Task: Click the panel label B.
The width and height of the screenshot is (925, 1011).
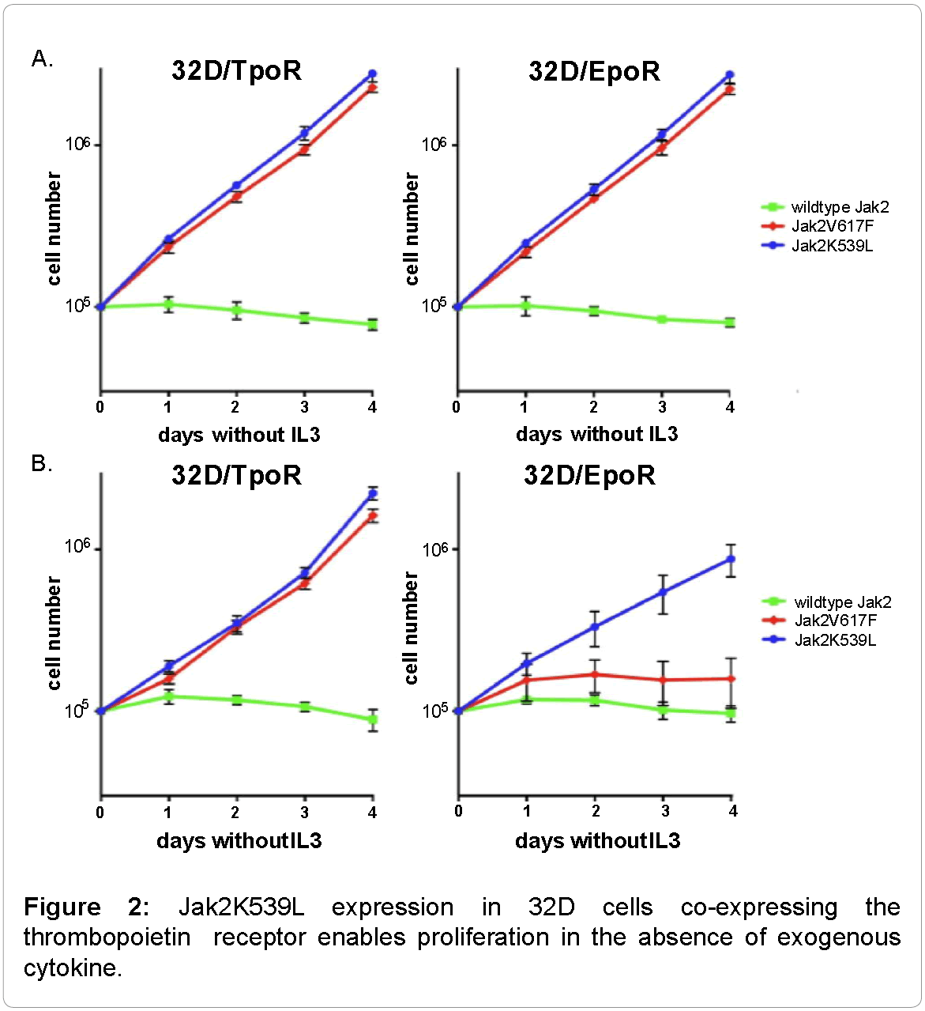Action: tap(42, 463)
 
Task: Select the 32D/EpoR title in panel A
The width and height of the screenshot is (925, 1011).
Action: tap(594, 72)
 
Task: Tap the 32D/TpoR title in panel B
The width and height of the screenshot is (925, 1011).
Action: tap(237, 475)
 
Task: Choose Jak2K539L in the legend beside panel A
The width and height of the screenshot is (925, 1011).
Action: tap(832, 246)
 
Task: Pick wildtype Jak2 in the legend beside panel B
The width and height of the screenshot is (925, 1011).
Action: tap(842, 602)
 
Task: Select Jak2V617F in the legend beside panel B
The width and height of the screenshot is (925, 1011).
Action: tap(836, 621)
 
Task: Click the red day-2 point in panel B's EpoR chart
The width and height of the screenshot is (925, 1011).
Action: tap(596, 674)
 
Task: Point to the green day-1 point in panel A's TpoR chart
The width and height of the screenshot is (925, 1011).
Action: tap(168, 304)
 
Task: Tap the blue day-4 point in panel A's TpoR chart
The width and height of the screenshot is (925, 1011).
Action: tap(372, 74)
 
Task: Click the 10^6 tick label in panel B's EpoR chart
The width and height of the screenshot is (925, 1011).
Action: tap(435, 549)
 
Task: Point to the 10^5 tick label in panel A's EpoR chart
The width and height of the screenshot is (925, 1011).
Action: tap(434, 305)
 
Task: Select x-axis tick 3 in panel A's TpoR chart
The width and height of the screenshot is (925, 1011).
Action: tap(305, 407)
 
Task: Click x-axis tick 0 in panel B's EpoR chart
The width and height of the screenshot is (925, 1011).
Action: tap(458, 811)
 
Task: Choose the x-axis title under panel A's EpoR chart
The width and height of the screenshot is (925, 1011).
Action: tap(596, 434)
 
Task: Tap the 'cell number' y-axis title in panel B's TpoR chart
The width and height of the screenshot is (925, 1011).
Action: tap(54, 632)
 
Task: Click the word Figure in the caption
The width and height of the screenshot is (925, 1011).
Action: tap(62, 907)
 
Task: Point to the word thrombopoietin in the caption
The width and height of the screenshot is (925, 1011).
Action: tap(107, 937)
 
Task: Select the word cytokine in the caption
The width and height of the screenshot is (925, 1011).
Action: tap(73, 968)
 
